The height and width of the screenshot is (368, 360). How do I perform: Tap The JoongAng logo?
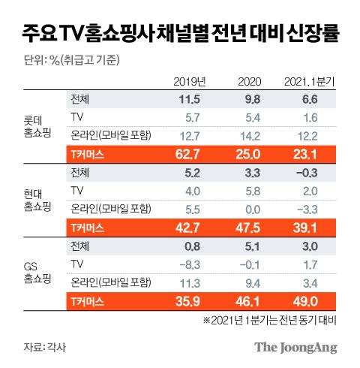(295, 347)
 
